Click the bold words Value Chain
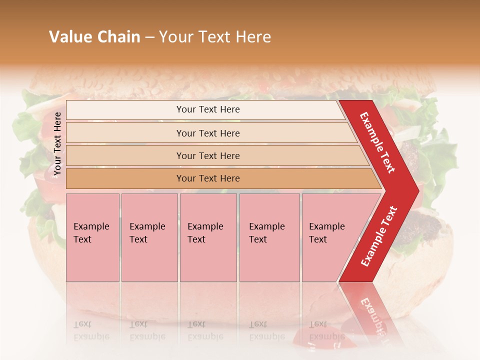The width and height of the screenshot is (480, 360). click(94, 37)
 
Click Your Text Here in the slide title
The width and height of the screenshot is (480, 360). click(215, 37)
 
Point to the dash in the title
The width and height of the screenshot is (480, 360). click(149, 37)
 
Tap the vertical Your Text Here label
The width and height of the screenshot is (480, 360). click(57, 144)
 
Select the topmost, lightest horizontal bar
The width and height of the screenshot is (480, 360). click(205, 109)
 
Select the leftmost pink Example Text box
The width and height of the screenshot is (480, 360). click(92, 237)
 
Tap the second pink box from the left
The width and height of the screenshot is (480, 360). click(149, 237)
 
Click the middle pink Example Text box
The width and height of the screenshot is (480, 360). click(208, 237)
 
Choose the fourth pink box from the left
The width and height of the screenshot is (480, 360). click(269, 237)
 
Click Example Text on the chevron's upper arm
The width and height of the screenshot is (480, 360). click(377, 142)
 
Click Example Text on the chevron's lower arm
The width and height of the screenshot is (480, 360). click(379, 236)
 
